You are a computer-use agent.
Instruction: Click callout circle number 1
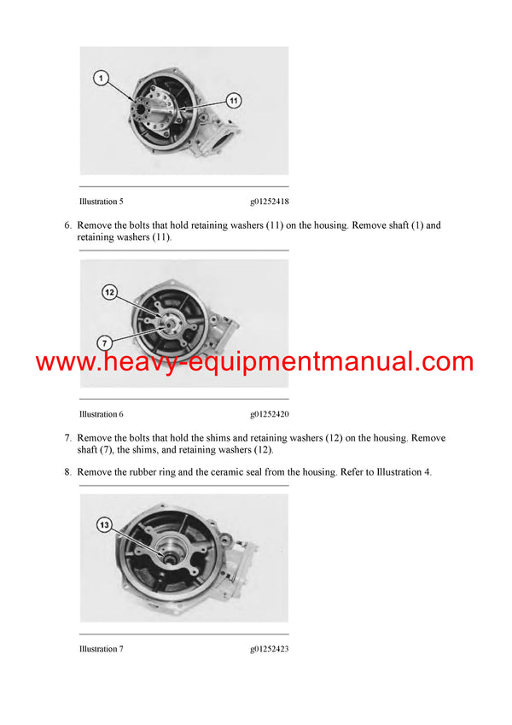pyautogui.click(x=102, y=79)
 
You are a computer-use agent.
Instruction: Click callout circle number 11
pyautogui.click(x=234, y=101)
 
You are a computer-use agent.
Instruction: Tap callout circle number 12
pyautogui.click(x=109, y=292)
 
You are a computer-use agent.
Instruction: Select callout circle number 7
pyautogui.click(x=104, y=343)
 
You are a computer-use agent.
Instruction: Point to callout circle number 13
pyautogui.click(x=105, y=526)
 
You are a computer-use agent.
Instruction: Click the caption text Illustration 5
pyautogui.click(x=102, y=202)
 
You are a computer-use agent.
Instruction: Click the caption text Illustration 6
pyautogui.click(x=102, y=414)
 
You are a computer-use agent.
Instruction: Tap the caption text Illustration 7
pyautogui.click(x=102, y=649)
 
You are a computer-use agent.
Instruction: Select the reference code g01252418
pyautogui.click(x=269, y=202)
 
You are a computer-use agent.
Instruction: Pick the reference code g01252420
pyautogui.click(x=269, y=414)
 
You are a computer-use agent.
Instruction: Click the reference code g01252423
pyautogui.click(x=269, y=649)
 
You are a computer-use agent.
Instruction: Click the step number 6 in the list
pyautogui.click(x=67, y=226)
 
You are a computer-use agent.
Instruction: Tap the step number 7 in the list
pyautogui.click(x=67, y=438)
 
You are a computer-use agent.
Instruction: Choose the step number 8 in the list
pyautogui.click(x=67, y=472)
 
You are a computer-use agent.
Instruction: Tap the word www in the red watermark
pyautogui.click(x=62, y=362)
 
